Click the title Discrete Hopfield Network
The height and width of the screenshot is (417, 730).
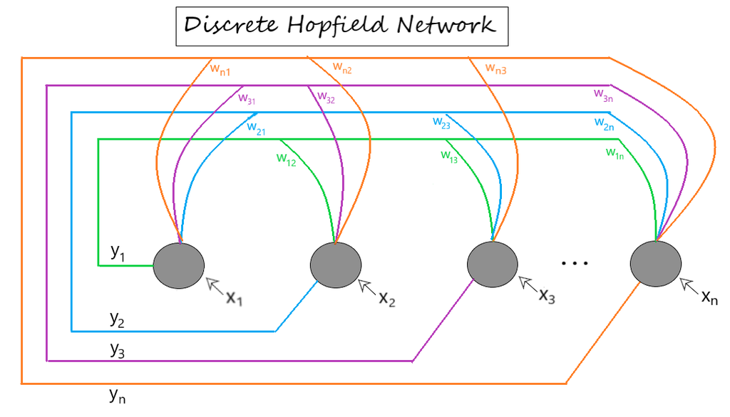point(340,26)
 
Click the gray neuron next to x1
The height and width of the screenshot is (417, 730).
point(179,266)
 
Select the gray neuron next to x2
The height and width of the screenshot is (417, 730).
point(335,265)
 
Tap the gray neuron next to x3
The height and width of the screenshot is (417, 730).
point(493,264)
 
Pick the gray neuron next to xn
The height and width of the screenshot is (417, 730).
point(655,264)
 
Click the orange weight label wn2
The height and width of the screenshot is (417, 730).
point(342,69)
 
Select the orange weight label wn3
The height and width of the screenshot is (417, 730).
point(496,68)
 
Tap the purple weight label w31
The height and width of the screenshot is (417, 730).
point(247,99)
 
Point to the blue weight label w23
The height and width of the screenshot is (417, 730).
point(442,122)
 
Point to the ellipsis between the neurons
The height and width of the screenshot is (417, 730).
point(575,264)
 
